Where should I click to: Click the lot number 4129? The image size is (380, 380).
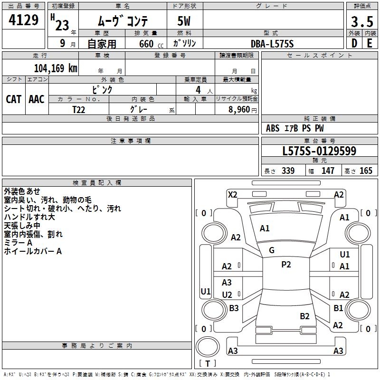click(23, 20)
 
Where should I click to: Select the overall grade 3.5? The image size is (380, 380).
click(361, 22)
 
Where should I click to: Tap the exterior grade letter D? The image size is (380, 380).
click(354, 43)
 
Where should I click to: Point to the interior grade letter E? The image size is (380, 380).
click(369, 43)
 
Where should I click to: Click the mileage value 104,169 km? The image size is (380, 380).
click(56, 68)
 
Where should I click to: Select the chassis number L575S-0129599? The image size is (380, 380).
click(319, 151)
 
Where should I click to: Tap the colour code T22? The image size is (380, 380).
click(79, 109)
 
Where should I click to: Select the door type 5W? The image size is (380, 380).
click(185, 22)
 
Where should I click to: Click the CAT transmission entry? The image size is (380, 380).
click(13, 99)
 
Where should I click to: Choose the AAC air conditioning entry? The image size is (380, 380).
click(36, 99)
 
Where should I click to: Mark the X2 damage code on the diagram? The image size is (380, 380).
click(232, 194)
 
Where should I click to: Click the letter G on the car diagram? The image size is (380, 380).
click(272, 250)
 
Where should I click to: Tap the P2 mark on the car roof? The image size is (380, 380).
click(286, 265)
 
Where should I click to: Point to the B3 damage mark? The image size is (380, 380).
click(234, 308)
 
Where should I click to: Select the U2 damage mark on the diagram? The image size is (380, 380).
click(227, 295)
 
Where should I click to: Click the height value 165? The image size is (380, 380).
click(366, 171)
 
